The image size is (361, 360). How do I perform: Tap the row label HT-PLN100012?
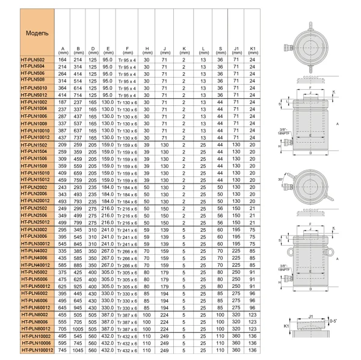point(37,349)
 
